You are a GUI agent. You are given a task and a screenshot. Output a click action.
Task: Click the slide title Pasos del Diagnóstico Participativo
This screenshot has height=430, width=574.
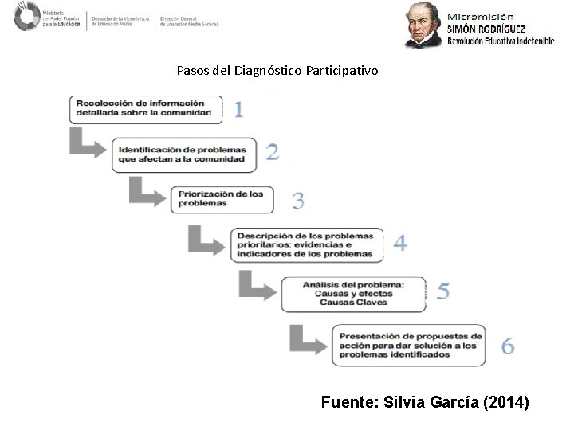pyautogui.click(x=278, y=71)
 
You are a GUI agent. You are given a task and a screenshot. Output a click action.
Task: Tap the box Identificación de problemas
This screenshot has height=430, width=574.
pyautogui.click(x=185, y=154)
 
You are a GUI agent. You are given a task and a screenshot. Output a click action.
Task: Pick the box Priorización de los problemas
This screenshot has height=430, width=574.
pyautogui.click(x=222, y=198)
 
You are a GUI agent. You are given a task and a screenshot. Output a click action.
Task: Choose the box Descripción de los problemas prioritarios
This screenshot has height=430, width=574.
pyautogui.click(x=307, y=245)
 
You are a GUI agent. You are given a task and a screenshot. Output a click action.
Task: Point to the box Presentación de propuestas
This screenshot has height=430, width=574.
pyautogui.click(x=408, y=345)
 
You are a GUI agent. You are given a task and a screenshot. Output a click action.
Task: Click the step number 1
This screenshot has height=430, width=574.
pyautogui.click(x=238, y=109)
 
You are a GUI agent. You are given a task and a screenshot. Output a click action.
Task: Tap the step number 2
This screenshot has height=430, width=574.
pyautogui.click(x=273, y=152)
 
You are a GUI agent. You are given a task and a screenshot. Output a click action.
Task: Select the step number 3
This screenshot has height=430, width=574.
pyautogui.click(x=297, y=200)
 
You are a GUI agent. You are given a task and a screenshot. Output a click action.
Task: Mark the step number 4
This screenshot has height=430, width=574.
pyautogui.click(x=399, y=243)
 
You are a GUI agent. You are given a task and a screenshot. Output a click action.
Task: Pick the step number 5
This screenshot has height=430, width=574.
pyautogui.click(x=443, y=292)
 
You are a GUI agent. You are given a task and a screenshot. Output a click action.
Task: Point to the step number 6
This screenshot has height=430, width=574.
pyautogui.click(x=507, y=346)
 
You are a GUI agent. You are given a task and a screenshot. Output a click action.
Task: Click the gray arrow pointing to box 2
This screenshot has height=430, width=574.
pyautogui.click(x=87, y=143)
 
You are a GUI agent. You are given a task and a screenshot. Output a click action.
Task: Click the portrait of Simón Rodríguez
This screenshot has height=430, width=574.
pyautogui.click(x=422, y=25)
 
